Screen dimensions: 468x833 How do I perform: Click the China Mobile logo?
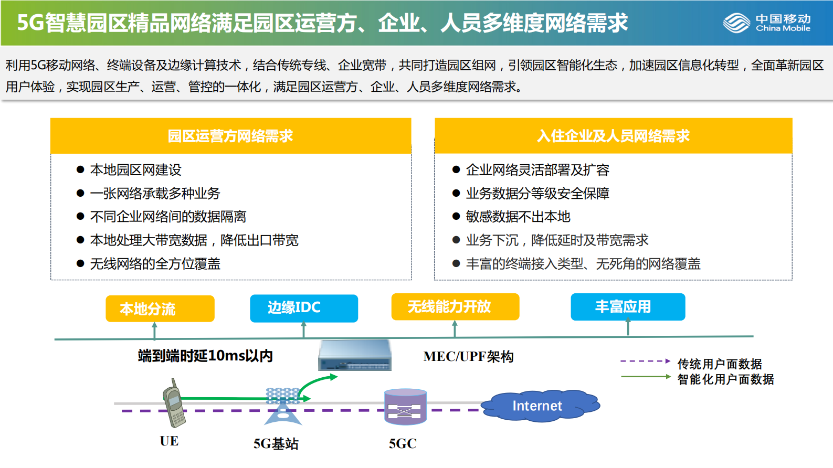coord(766,23)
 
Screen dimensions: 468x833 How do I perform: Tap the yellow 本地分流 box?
coord(160,309)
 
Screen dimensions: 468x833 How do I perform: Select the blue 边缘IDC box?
coord(304,308)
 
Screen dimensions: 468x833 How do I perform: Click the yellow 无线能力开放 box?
coord(455,306)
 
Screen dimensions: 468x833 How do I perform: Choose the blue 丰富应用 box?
coord(628,306)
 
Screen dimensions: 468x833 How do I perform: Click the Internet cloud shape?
coord(539,406)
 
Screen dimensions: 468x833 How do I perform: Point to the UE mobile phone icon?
coord(174,403)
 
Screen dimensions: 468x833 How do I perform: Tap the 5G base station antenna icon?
coord(283,407)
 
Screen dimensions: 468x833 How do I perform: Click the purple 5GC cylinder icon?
coord(405,407)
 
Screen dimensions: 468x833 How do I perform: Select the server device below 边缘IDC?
coord(355,355)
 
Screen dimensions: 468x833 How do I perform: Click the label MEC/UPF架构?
coord(468,357)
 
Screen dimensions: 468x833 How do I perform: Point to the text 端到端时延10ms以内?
coord(205,356)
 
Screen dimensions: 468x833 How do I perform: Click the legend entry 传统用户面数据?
coord(719,364)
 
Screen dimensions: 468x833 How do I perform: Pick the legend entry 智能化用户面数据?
coord(725,379)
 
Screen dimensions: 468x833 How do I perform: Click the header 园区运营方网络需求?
coord(230,136)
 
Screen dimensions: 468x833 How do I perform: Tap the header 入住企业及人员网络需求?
coord(613,136)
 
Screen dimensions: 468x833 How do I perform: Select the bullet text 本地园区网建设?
coord(135,170)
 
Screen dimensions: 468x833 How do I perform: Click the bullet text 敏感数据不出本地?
coord(518,217)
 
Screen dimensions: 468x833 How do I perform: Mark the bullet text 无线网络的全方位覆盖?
coord(155,264)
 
